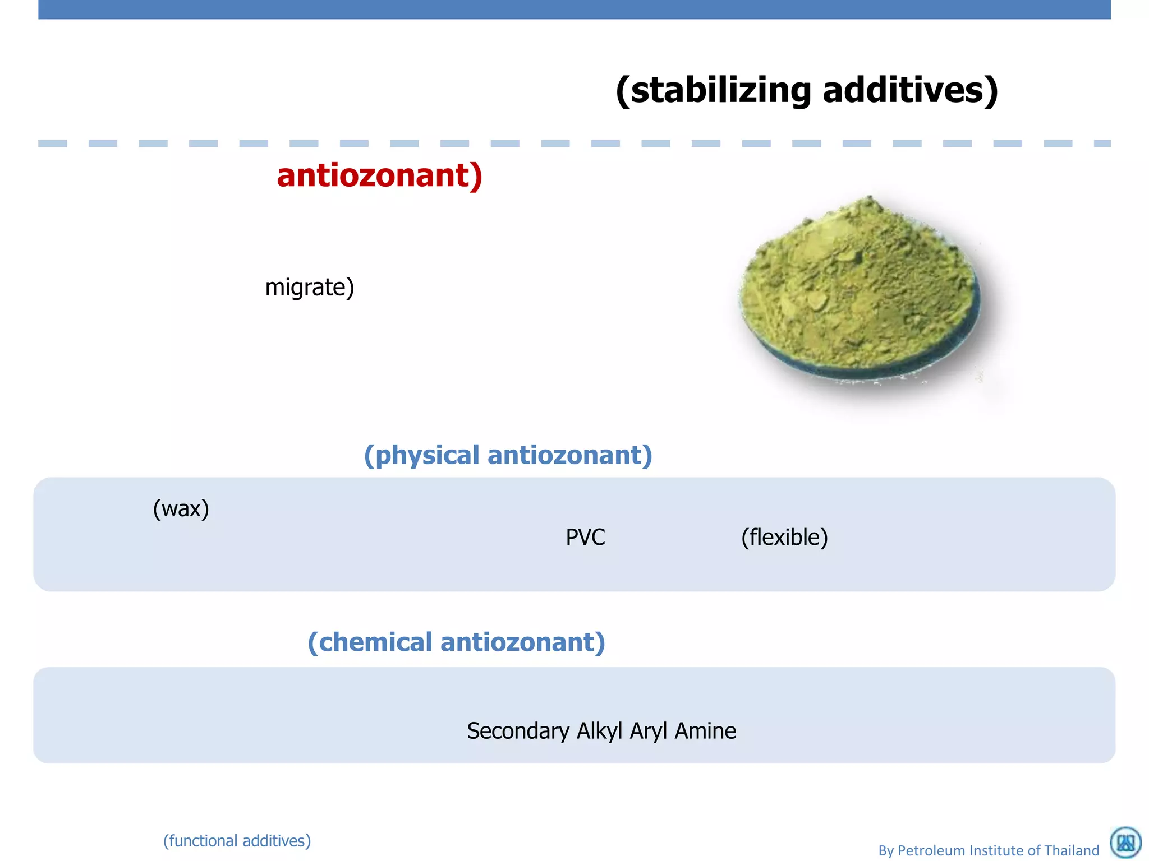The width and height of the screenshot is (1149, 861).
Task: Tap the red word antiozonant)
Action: pyautogui.click(x=379, y=175)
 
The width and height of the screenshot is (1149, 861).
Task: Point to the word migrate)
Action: pyautogui.click(x=309, y=288)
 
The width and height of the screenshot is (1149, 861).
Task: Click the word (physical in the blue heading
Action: pyautogui.click(x=421, y=455)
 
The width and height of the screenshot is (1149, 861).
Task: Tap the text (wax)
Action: pyautogui.click(x=181, y=509)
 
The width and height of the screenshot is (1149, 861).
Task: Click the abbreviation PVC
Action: pyautogui.click(x=585, y=538)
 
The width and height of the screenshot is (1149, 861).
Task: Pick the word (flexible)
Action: pyautogui.click(x=784, y=538)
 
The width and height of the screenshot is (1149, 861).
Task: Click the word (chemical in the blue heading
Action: pyautogui.click(x=370, y=642)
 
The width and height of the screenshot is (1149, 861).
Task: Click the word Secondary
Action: pyautogui.click(x=518, y=732)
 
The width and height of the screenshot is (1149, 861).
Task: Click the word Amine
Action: pyautogui.click(x=705, y=732)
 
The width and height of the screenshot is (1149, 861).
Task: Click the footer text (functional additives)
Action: pyautogui.click(x=237, y=841)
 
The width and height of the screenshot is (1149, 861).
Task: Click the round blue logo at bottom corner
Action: pyautogui.click(x=1125, y=843)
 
